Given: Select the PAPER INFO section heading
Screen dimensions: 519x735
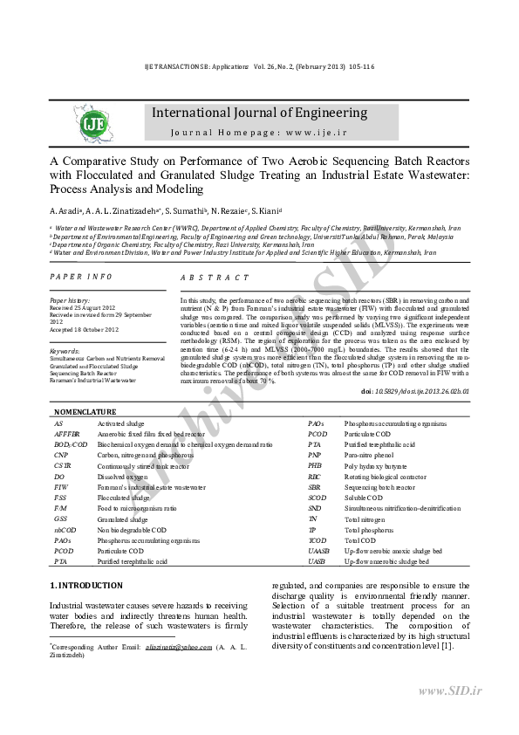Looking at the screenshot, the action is point(81,276).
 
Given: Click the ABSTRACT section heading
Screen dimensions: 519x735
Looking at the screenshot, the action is point(215,276).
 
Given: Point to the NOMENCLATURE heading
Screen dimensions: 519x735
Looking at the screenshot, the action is point(85,410).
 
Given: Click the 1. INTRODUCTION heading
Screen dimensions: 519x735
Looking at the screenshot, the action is point(85,584).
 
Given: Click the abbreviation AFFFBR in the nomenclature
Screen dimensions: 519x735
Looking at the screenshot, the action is point(66,434).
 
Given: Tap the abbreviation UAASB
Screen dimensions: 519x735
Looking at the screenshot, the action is point(318,551).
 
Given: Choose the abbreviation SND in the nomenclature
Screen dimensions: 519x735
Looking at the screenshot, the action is point(315,508).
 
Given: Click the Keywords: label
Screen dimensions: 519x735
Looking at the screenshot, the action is point(65,350).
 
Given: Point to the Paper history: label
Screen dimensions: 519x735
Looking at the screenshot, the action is point(71,300).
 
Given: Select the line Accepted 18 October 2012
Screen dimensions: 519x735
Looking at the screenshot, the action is point(84,329).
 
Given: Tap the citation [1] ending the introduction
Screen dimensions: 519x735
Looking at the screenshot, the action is point(447,645).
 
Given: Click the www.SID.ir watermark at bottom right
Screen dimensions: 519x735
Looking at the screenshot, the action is point(461,691).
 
